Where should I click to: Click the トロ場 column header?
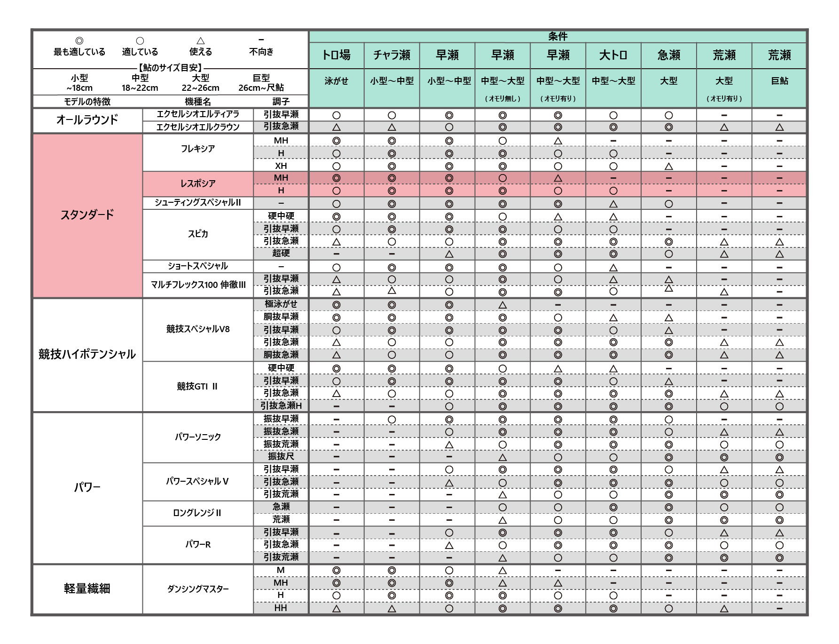click(336, 56)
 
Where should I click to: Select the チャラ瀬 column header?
click(392, 56)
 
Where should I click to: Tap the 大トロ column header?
click(613, 56)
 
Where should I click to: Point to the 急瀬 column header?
click(668, 56)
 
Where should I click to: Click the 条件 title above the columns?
click(557, 36)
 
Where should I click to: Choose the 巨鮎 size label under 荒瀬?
click(779, 81)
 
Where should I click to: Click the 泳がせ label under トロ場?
click(336, 81)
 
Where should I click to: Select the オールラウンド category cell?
click(87, 120)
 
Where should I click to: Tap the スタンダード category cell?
click(87, 215)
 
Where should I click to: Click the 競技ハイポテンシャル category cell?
click(87, 354)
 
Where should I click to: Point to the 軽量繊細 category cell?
click(87, 588)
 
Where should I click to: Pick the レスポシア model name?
click(198, 183)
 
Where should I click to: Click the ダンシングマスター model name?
click(198, 588)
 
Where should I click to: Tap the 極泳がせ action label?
click(281, 304)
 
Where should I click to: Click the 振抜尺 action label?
click(281, 456)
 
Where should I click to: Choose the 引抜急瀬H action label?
click(281, 405)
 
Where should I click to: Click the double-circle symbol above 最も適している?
click(79, 41)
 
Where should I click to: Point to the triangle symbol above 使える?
click(201, 41)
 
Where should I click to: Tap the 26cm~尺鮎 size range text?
click(261, 88)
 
